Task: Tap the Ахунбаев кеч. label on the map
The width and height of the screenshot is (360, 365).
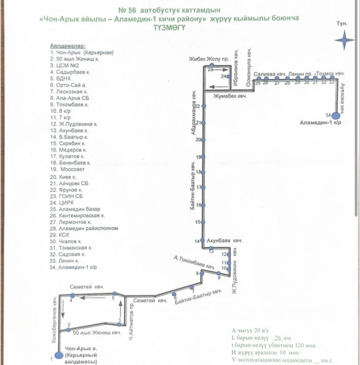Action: coord(224,240)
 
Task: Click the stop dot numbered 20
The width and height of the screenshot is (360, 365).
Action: coord(203,140)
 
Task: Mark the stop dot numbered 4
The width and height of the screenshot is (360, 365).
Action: coord(73,295)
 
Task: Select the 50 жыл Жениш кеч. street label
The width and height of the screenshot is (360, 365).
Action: coord(97,333)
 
